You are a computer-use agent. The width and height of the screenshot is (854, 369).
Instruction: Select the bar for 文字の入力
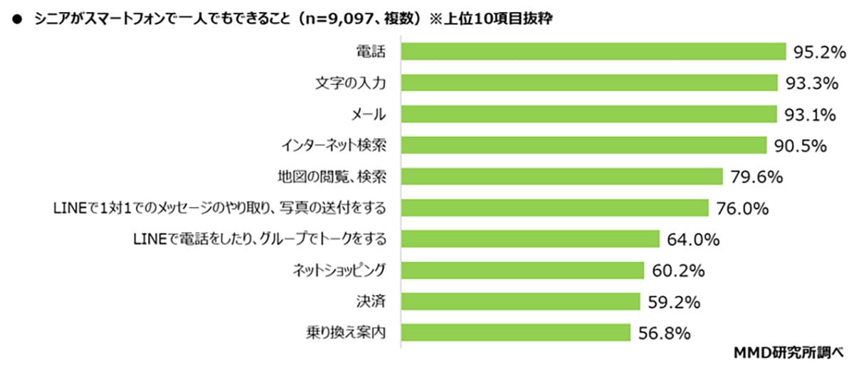tap(589, 83)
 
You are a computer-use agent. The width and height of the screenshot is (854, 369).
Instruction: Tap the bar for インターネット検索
tap(584, 145)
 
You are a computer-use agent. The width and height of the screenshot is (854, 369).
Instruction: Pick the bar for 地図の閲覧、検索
tap(562, 176)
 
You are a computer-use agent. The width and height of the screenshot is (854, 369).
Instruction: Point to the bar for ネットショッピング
tap(522, 270)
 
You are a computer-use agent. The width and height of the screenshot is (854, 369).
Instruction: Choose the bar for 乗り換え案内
tap(515, 332)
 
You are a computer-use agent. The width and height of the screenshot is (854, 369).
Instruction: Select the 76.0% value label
tap(741, 208)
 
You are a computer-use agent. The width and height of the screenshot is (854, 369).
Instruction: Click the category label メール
tap(369, 115)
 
